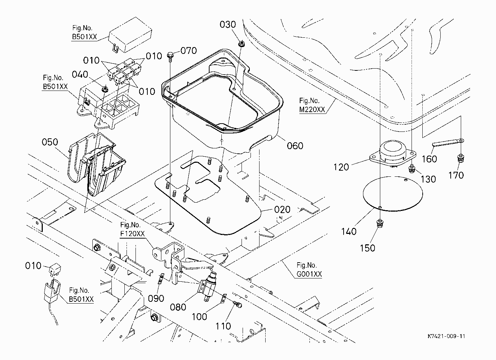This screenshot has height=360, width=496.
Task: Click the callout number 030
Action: [228, 24]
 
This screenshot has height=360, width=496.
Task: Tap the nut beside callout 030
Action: [242, 43]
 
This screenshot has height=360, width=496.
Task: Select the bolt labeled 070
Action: [170, 57]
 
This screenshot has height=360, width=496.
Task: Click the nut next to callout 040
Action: [105, 89]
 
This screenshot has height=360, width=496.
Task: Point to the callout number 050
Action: [50, 142]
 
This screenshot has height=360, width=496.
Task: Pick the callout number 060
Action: [295, 146]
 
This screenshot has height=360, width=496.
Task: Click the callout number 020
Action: [282, 209]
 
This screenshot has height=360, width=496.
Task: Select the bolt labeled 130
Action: [412, 169]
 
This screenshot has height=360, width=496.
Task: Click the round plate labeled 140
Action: [393, 194]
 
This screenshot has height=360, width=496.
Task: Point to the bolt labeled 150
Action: [380, 223]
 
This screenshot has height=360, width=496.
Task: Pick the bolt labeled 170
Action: [460, 158]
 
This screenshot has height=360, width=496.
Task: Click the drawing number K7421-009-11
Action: [446, 336]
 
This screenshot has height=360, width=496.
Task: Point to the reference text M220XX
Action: [312, 109]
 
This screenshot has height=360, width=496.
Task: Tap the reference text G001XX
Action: [309, 274]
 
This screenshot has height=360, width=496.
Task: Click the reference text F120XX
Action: [132, 234]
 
